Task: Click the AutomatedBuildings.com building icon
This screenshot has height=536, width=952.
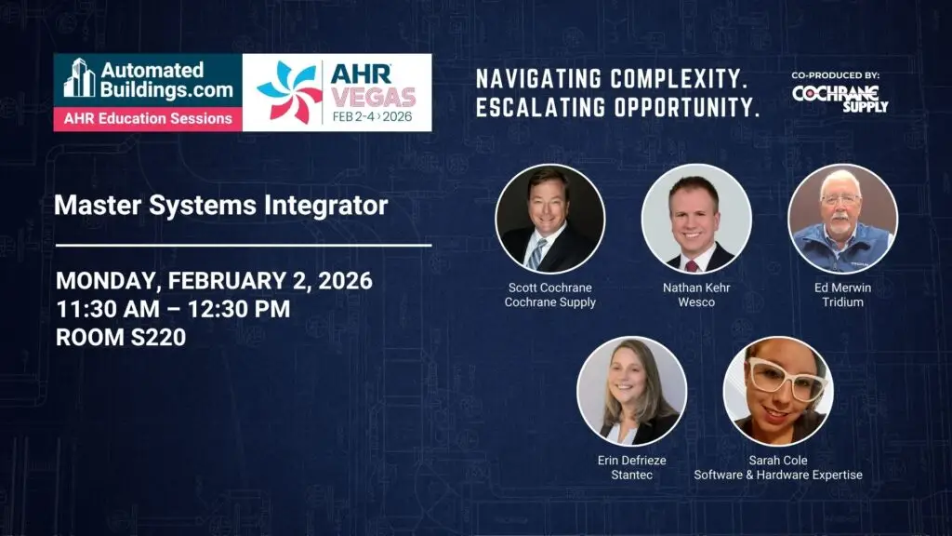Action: [x=80, y=78]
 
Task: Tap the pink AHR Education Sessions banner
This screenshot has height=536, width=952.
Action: [x=148, y=118]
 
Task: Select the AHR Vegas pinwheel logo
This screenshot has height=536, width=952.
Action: [x=290, y=92]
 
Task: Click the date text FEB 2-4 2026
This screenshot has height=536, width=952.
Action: [x=372, y=116]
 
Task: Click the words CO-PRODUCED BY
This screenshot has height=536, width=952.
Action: [x=836, y=75]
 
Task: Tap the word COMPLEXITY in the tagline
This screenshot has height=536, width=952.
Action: [x=679, y=78]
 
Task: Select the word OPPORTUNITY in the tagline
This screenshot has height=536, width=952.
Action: [x=687, y=108]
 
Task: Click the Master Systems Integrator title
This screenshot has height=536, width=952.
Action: [x=221, y=205]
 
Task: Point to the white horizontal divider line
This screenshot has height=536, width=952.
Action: [x=245, y=246]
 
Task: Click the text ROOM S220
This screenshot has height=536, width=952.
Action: [x=121, y=337]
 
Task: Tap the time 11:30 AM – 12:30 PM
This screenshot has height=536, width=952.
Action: [x=173, y=309]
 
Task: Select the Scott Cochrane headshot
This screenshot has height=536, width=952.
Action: [x=550, y=219]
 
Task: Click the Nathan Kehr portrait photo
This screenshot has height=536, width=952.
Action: [x=696, y=219]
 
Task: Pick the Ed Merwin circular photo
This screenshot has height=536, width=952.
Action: [x=842, y=219]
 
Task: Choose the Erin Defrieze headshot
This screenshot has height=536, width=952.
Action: [x=632, y=392]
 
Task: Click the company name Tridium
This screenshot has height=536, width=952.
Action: [x=842, y=302]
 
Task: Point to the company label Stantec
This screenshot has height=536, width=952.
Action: [x=632, y=475]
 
